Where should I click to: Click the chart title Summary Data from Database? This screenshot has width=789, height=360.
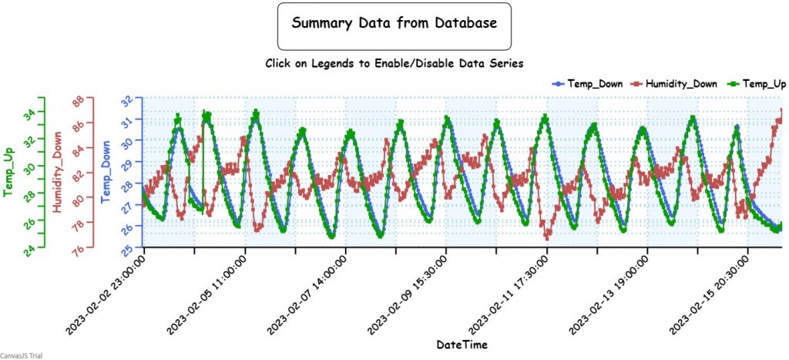coord(394,24)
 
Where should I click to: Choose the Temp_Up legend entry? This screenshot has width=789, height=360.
coord(757,83)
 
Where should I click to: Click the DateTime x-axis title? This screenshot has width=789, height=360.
coord(461,344)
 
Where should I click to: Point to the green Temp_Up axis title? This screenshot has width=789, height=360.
coord(9,172)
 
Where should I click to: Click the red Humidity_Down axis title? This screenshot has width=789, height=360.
coord(57,172)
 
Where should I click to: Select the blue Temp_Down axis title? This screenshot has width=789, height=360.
coord(106,172)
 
